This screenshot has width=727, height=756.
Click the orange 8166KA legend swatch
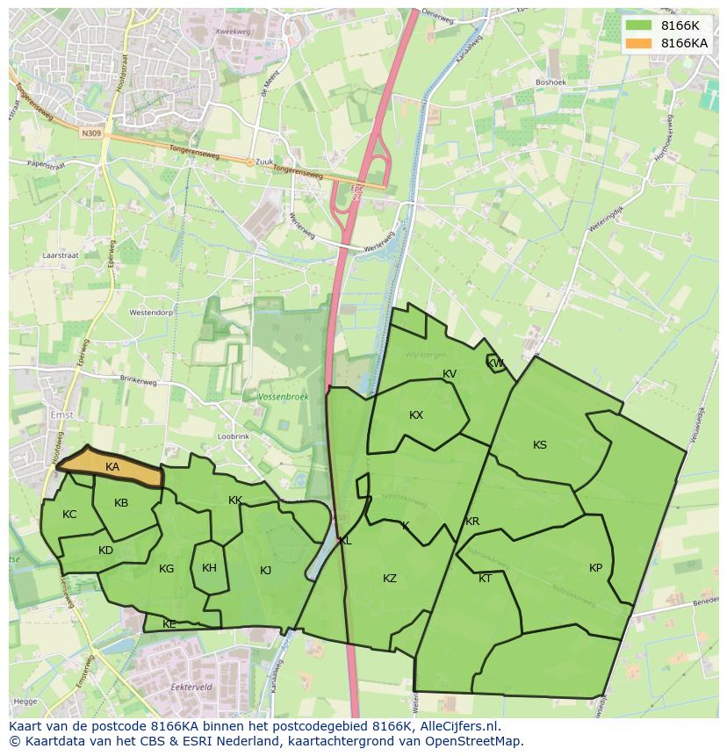(639, 43)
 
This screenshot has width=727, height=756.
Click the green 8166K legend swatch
(639, 25)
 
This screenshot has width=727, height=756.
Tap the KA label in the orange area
(112, 467)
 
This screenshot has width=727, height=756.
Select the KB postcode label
(121, 503)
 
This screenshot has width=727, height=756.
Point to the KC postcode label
(69, 515)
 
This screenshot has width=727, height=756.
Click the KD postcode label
(105, 551)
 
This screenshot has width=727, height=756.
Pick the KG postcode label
(166, 569)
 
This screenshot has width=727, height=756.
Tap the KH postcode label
(209, 568)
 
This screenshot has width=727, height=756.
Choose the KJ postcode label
(265, 571)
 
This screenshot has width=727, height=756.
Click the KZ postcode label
(390, 579)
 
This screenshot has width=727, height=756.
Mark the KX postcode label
(416, 415)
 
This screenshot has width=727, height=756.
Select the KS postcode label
(540, 445)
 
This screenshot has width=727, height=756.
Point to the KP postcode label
(596, 568)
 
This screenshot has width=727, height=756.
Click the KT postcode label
(485, 579)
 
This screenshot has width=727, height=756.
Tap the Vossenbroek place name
(284, 398)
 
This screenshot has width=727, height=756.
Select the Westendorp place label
(151, 313)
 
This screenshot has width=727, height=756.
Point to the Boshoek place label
(551, 83)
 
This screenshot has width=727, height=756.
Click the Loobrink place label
(234, 436)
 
